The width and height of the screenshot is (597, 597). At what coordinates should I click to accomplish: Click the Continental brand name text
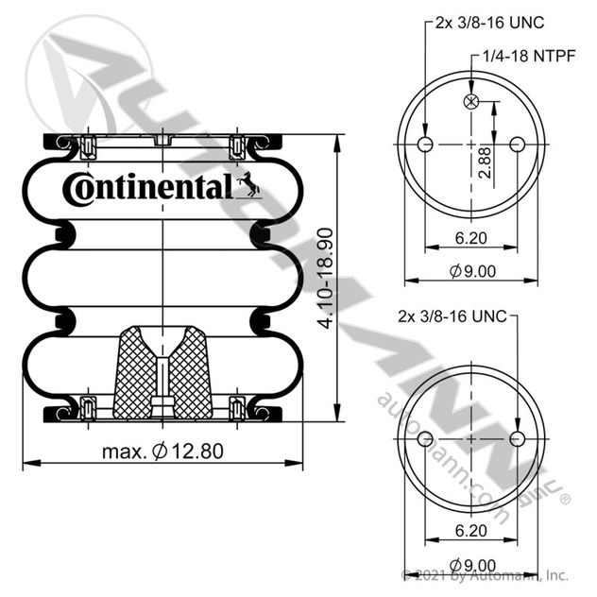click(147, 188)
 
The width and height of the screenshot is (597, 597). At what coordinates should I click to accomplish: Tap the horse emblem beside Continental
click(248, 185)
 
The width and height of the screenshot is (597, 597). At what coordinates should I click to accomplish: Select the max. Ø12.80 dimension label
click(162, 452)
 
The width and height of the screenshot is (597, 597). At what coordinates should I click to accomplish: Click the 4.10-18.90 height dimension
click(326, 278)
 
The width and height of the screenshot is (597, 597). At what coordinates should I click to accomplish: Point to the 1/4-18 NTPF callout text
click(529, 56)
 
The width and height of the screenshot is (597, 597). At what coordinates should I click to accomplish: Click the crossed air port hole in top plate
click(471, 101)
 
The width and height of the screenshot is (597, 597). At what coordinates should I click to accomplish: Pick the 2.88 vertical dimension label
click(486, 163)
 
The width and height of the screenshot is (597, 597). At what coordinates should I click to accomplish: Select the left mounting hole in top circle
click(425, 145)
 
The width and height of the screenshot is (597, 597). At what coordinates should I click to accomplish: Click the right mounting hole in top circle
click(517, 145)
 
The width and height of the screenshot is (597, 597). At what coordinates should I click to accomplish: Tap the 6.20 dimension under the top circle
click(471, 238)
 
